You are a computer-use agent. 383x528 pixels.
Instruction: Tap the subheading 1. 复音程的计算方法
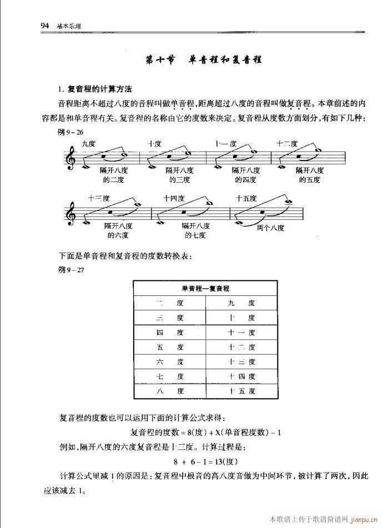tap(95, 89)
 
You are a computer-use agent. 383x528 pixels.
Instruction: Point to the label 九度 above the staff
tap(88, 143)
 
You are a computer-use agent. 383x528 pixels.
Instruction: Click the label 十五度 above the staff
tap(246, 198)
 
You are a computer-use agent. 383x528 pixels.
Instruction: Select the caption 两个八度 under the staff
tap(271, 227)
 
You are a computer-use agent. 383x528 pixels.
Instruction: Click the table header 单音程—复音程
tap(205, 289)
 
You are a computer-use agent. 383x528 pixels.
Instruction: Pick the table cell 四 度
tap(170, 333)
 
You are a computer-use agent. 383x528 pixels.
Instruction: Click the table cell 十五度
tap(241, 391)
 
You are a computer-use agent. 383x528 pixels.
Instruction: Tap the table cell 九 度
tap(241, 304)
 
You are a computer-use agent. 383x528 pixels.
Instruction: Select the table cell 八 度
tap(170, 391)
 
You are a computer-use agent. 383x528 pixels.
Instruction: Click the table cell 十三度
tap(241, 362)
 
